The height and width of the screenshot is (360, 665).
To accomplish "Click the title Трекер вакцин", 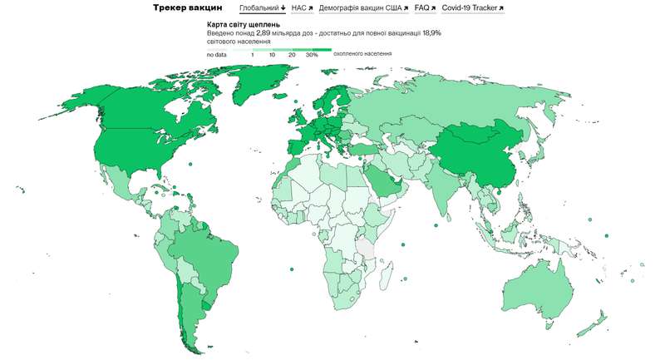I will tap(187, 8).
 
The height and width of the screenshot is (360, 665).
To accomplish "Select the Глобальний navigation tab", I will tap(262, 8).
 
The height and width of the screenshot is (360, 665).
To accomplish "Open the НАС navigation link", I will tap(302, 8).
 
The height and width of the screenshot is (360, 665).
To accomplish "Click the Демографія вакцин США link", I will tap(363, 8).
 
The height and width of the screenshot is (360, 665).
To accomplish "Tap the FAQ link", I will tap(425, 8).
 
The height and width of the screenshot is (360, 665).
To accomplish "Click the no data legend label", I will tap(217, 54).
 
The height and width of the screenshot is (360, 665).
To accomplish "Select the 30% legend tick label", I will tap(312, 54).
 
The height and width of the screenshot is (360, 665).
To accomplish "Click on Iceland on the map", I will tap(296, 106).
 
